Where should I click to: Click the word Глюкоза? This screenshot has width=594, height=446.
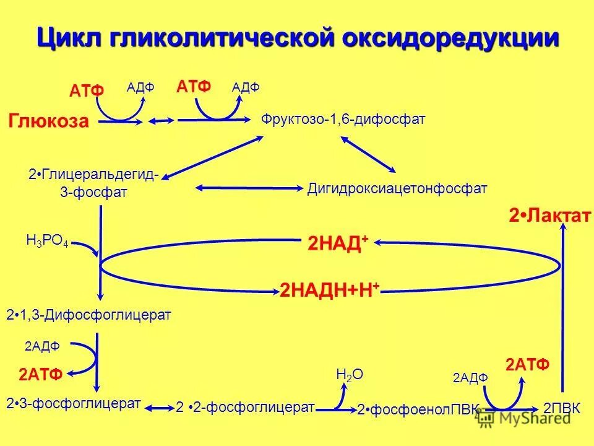[x=49, y=121]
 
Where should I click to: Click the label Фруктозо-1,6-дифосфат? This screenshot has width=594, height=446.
[x=343, y=119]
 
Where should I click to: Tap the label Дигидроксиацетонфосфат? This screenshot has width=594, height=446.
[x=397, y=188]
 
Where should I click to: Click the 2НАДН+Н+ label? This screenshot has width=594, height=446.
[x=330, y=289]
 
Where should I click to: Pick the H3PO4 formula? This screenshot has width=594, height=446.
[x=47, y=241]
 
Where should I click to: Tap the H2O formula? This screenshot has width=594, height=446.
[x=349, y=374]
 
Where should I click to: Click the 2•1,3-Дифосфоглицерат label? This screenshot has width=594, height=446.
[x=88, y=315]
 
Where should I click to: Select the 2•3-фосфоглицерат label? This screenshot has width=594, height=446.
[x=74, y=404]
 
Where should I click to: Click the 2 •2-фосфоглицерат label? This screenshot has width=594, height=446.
[x=246, y=407]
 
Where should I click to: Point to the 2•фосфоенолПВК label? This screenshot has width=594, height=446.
[x=418, y=409]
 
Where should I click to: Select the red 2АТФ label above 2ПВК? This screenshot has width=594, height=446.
[x=527, y=364]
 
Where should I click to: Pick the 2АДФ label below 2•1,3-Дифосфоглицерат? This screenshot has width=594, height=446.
[x=42, y=346]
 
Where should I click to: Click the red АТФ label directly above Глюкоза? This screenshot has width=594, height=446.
[x=87, y=91]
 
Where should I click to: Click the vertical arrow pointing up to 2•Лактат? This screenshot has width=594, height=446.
[x=563, y=310]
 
